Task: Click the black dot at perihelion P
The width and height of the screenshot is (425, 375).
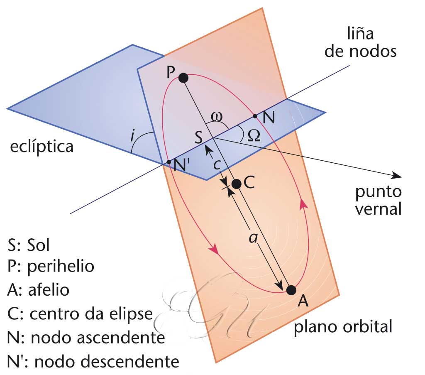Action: (x=183, y=77)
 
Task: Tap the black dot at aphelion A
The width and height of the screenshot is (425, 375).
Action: (x=291, y=290)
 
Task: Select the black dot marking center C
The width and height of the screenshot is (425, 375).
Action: (x=237, y=184)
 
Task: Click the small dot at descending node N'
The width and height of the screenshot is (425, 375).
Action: (x=168, y=162)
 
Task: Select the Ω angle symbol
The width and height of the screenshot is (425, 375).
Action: (x=253, y=135)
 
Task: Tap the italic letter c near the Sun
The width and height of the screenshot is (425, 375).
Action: (x=216, y=164)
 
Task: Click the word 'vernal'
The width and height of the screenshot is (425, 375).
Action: (x=380, y=208)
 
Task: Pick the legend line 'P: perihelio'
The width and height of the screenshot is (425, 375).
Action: (x=51, y=267)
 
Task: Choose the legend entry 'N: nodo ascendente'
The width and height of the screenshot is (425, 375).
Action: (x=86, y=338)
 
